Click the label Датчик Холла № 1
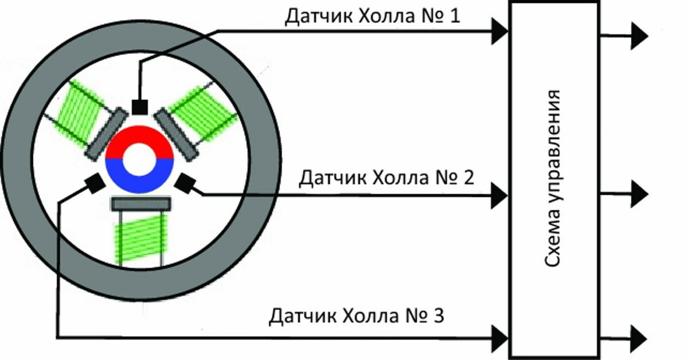click(372, 16)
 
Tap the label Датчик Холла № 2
click(386, 178)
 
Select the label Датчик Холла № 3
click(356, 315)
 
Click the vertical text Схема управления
click(553, 178)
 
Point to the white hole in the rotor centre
click(139, 160)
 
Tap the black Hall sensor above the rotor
click(140, 107)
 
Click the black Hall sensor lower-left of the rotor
click(95, 183)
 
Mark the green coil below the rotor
click(140, 240)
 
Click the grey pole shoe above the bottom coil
click(141, 204)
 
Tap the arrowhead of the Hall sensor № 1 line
click(499, 32)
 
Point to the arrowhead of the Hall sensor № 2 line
click(499, 195)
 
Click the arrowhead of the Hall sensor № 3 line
click(499, 339)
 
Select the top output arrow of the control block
click(624, 36)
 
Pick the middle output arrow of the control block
click(624, 194)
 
